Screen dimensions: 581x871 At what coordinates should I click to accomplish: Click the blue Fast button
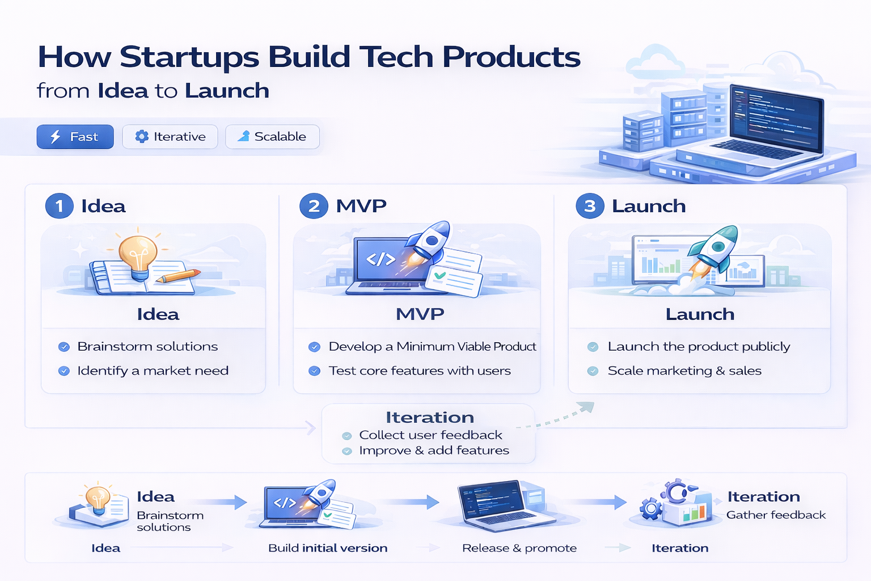tap(75, 137)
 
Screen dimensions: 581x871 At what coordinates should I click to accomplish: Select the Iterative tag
tap(170, 137)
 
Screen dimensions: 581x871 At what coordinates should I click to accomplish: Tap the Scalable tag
tap(272, 137)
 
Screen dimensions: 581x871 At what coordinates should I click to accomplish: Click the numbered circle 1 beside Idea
tap(60, 206)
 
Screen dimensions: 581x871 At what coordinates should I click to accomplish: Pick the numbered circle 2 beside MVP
tap(314, 206)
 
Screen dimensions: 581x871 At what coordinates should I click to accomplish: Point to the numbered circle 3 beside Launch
tap(590, 206)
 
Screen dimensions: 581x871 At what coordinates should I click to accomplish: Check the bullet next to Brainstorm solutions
tap(64, 347)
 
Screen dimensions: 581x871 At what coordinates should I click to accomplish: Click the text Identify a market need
tap(153, 371)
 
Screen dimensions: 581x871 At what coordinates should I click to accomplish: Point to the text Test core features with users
tap(420, 371)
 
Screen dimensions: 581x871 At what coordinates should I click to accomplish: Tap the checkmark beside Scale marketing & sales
tap(593, 371)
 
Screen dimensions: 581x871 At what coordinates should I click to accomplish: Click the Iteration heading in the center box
tap(430, 418)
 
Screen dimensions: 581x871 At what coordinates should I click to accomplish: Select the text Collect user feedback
tap(430, 435)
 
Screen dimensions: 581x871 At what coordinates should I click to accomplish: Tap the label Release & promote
tap(519, 548)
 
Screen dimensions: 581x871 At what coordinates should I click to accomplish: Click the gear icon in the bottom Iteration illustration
tap(651, 508)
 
